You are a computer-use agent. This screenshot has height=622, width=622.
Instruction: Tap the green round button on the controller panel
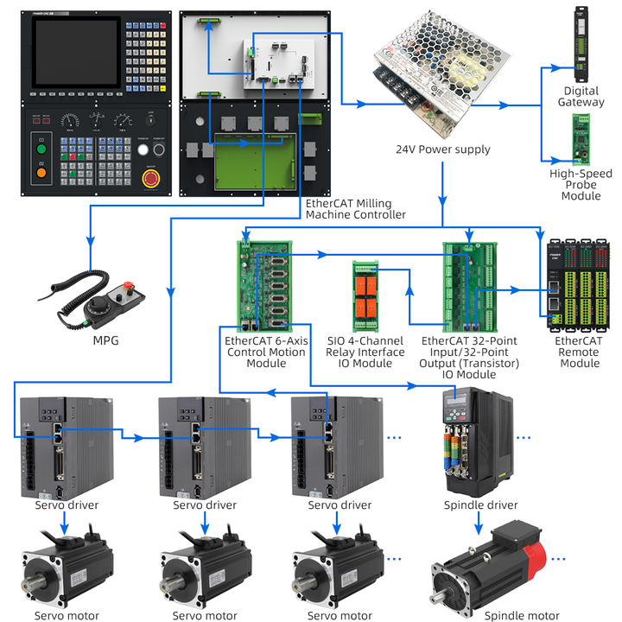pyautogui.click(x=40, y=149)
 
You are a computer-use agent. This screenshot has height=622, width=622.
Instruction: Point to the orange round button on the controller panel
pyautogui.click(x=40, y=172)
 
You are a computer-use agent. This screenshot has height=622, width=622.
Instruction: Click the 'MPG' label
pyautogui.click(x=105, y=340)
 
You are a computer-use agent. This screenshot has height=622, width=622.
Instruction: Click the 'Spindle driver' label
pyautogui.click(x=480, y=505)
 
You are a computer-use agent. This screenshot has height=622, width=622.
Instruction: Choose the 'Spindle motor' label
pyautogui.click(x=521, y=616)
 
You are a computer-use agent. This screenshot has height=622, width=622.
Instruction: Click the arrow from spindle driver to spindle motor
pyautogui.click(x=478, y=524)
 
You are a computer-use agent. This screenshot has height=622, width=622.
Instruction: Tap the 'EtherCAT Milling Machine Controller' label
pyautogui.click(x=355, y=208)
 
